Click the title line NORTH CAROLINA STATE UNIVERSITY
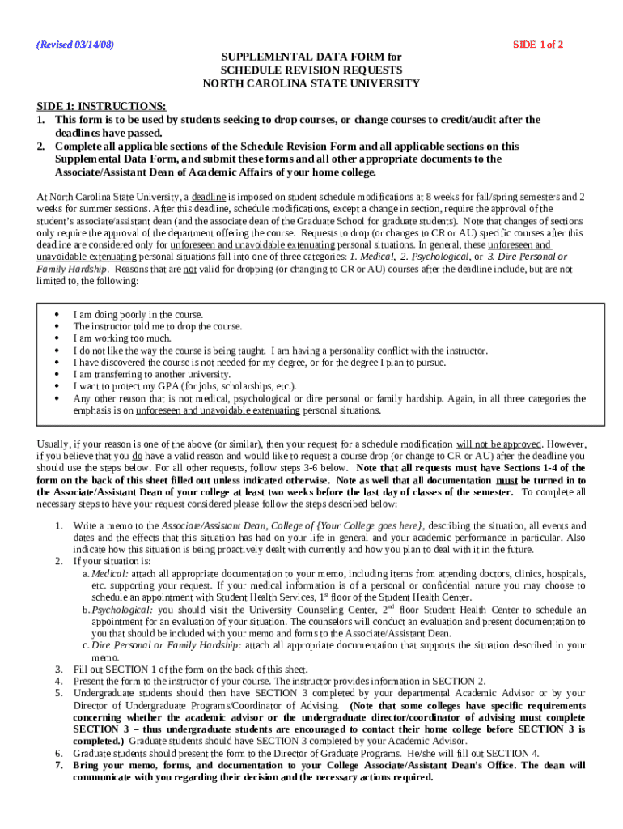pos(311,83)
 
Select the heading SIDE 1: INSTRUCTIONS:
pos(102,107)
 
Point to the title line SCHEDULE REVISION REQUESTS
pos(311,70)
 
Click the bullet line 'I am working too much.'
pos(122,338)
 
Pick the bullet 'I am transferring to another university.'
pos(152,375)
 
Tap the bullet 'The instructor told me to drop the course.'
pos(158,326)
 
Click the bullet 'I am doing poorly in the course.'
pos(138,314)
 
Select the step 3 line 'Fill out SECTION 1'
pos(190,670)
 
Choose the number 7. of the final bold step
pos(59,765)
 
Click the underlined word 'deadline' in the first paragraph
pos(209,197)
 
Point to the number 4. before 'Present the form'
pos(59,681)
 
